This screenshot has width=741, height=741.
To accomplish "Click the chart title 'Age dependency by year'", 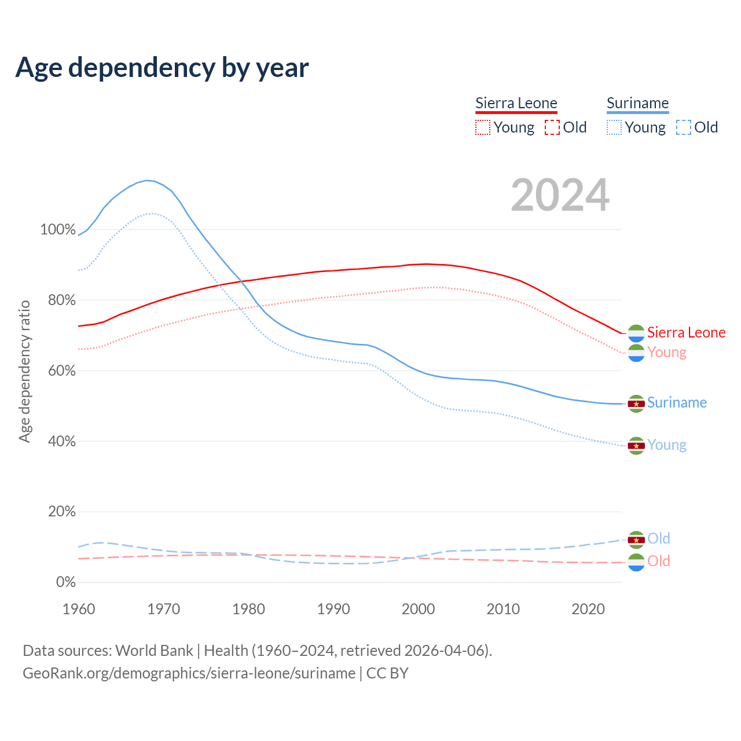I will (x=162, y=68).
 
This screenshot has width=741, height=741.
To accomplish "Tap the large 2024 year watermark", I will (x=560, y=195).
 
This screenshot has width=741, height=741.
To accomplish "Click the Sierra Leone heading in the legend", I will (x=516, y=103).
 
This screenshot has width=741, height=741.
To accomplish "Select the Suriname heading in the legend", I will (x=637, y=103).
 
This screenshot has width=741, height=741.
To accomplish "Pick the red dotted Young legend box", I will (x=482, y=127).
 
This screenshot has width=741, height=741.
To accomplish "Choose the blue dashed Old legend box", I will (x=683, y=127).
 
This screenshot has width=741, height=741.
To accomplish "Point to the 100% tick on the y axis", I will (x=58, y=230).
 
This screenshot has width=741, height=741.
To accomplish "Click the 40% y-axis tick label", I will (x=61, y=442).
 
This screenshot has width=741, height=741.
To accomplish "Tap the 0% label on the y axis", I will (x=65, y=582).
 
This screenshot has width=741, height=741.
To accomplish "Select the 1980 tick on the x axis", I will (x=248, y=609).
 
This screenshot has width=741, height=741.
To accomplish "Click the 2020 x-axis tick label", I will (x=588, y=609).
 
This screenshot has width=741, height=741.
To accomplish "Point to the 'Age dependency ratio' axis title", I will (x=24, y=371).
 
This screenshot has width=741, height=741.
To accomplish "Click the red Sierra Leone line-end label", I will (x=686, y=332).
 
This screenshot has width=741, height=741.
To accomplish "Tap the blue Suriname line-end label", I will (x=677, y=403).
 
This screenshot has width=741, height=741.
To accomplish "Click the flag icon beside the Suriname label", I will (x=636, y=403).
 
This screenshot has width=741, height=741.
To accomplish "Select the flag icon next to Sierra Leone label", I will (x=636, y=333).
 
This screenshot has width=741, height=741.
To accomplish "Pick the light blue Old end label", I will (x=658, y=538).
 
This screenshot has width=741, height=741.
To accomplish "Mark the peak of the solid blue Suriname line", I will (x=147, y=180).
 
